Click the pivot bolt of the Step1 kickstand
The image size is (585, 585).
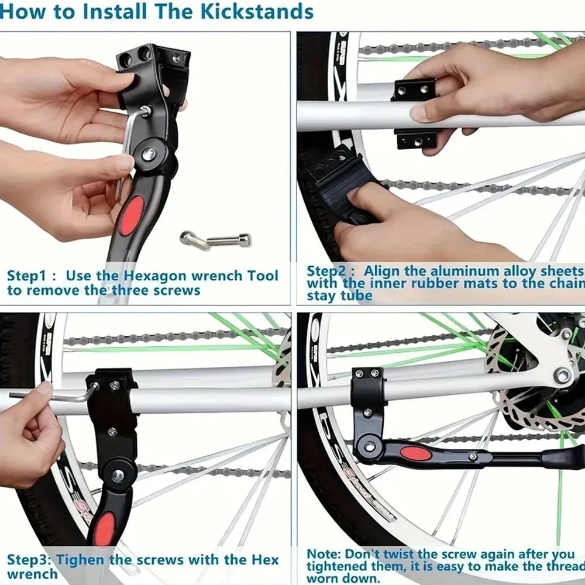point(149,155)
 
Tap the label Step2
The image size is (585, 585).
point(329,271)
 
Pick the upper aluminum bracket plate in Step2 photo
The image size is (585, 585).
point(414,90)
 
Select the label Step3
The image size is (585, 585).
point(29,559)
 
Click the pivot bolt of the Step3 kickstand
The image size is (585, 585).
point(118,474)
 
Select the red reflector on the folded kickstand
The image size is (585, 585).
point(416,453)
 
